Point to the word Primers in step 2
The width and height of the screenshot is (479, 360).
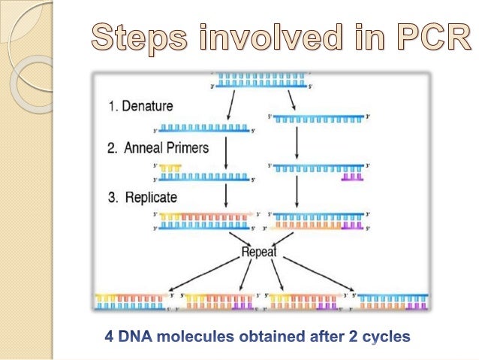click(x=185, y=148)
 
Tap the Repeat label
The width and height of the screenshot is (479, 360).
click(x=259, y=253)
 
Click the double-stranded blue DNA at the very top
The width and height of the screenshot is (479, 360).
click(x=259, y=77)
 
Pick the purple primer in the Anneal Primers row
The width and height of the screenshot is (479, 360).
click(x=353, y=177)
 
